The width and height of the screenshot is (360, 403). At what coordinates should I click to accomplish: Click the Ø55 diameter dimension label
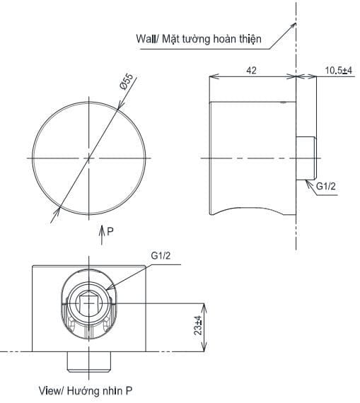click(x=127, y=83)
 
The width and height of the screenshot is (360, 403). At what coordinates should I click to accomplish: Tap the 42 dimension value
click(x=251, y=70)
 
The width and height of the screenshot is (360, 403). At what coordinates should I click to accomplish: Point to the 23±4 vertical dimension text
click(x=199, y=327)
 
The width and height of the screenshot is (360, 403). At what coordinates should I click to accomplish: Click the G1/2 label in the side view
click(x=325, y=186)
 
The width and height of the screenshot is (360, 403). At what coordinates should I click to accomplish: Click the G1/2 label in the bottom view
click(x=161, y=256)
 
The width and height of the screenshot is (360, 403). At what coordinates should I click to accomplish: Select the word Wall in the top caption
click(x=147, y=39)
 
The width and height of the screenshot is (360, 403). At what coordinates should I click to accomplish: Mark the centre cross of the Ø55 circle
click(x=89, y=157)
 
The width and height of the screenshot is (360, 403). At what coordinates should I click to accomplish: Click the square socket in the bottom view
click(x=88, y=306)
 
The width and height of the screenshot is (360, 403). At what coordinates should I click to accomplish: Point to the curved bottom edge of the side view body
click(x=251, y=206)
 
